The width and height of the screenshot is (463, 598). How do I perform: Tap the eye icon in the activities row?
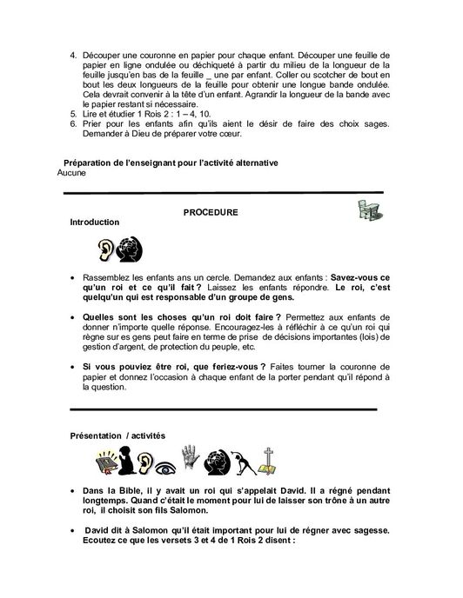point(191,462)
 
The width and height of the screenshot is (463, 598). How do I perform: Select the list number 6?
point(73,125)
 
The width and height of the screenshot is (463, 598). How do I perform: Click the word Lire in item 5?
point(91,115)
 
